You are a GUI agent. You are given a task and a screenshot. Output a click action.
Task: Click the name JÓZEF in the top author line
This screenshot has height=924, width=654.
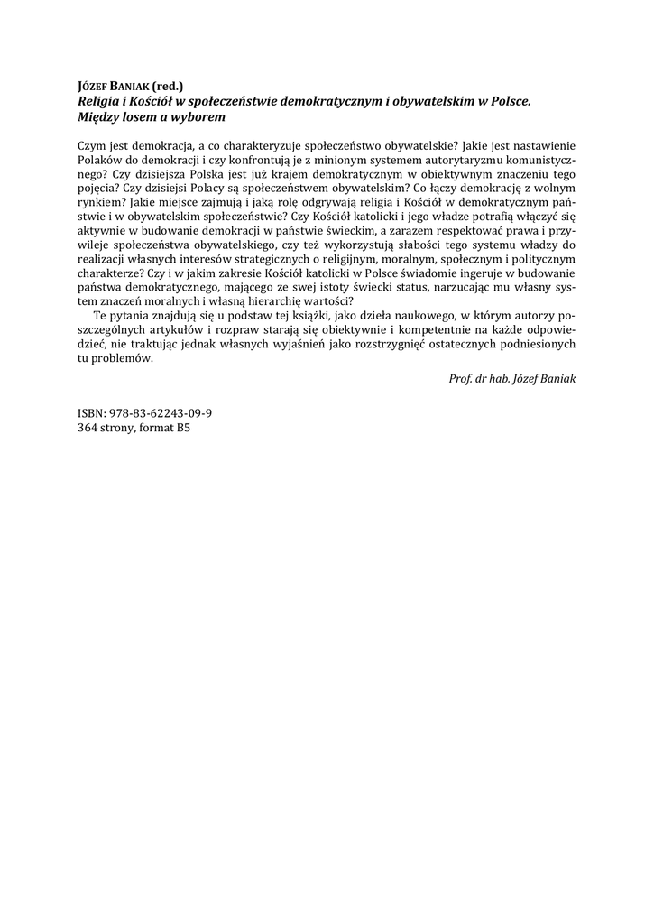94,88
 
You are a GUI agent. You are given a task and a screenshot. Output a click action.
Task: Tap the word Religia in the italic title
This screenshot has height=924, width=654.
101,103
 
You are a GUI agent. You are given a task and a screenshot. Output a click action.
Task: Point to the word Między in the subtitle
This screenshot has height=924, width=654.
100,117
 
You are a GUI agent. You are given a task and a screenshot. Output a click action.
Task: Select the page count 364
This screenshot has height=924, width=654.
90,428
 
